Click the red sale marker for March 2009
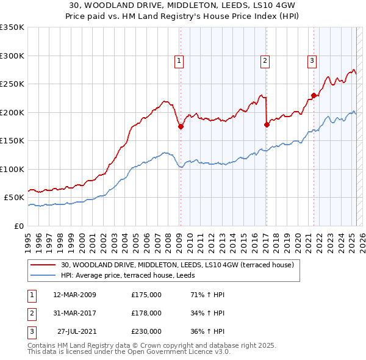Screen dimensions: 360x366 (181, 126)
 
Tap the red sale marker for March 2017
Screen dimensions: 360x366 (267, 124)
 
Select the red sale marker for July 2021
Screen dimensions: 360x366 (314, 95)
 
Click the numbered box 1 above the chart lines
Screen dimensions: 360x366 (179, 60)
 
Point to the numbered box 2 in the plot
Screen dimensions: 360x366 (265, 60)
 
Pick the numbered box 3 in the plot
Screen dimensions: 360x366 (312, 60)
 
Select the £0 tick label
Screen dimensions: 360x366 (18, 226)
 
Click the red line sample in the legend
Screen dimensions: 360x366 (45, 265)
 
